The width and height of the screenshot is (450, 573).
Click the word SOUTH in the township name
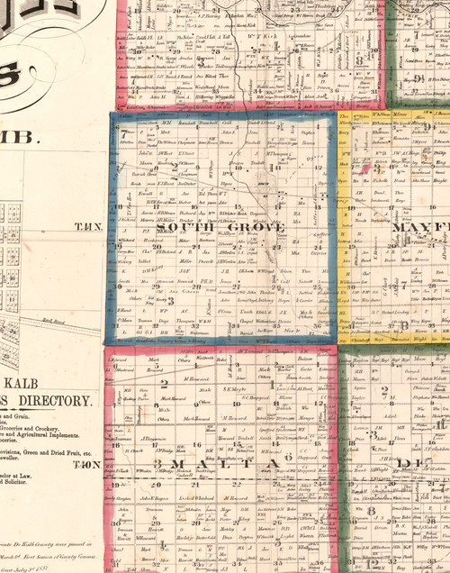[x=184, y=228]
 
